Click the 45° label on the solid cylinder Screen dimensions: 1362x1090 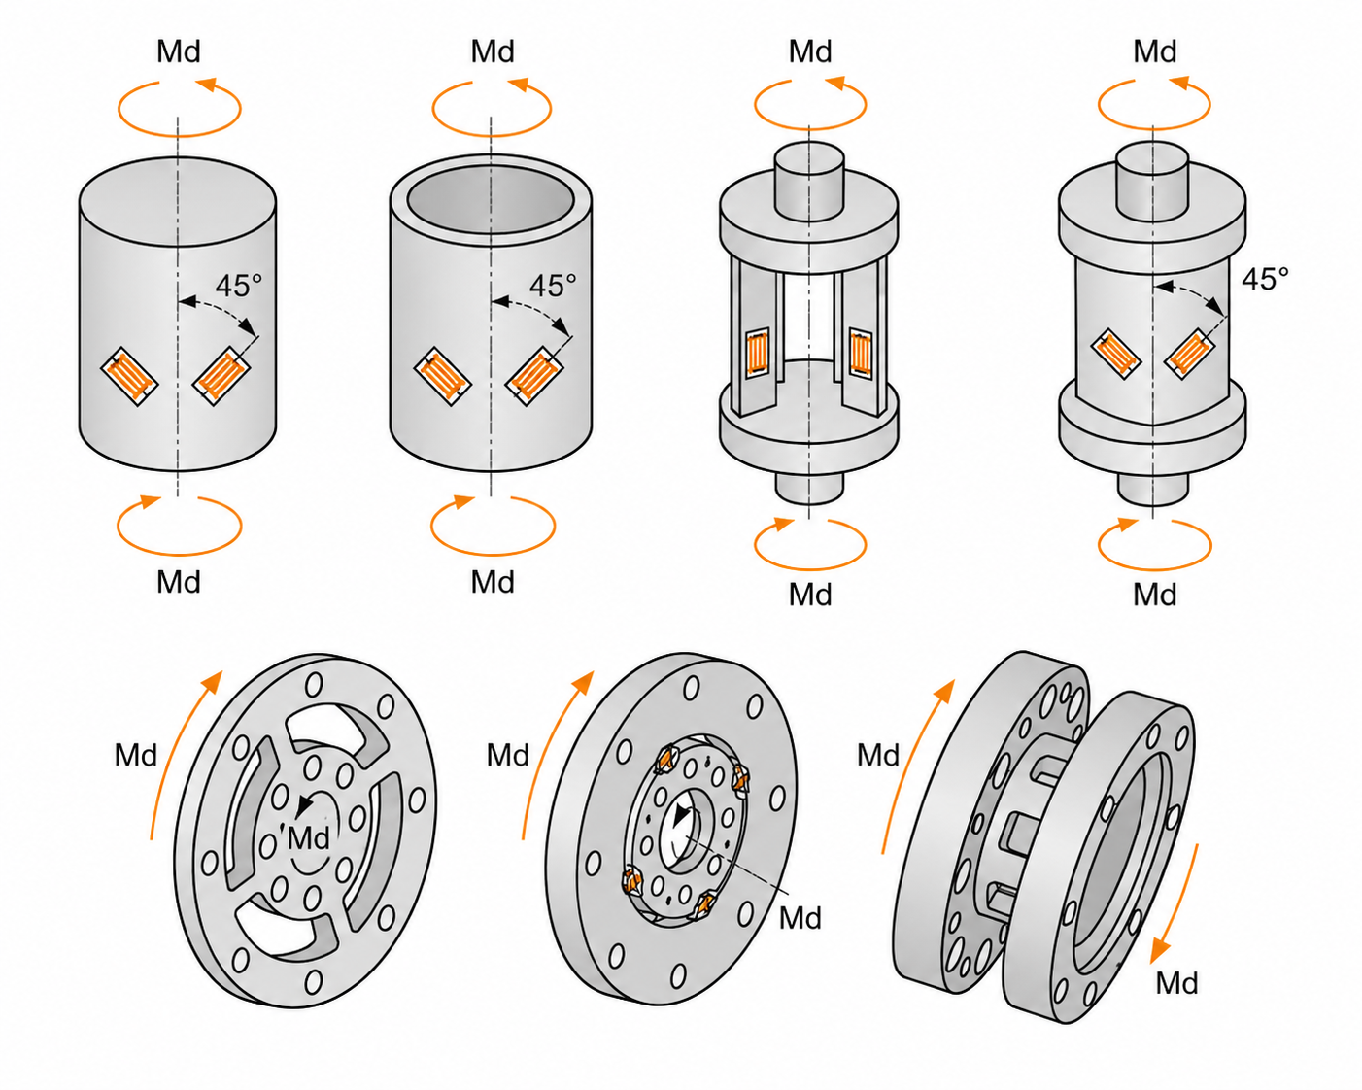pyautogui.click(x=239, y=286)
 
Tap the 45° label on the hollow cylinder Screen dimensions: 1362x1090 pyautogui.click(x=553, y=286)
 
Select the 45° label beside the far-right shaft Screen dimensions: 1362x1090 pyautogui.click(x=1265, y=279)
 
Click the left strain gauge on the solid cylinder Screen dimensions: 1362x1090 pyautogui.click(x=130, y=377)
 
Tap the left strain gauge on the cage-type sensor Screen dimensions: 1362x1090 pyautogui.click(x=758, y=354)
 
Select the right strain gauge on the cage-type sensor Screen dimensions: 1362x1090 pyautogui.click(x=860, y=354)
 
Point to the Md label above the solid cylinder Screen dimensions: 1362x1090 pyautogui.click(x=179, y=51)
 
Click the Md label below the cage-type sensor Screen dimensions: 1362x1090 pyautogui.click(x=810, y=595)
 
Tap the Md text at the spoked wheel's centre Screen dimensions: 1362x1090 pyautogui.click(x=308, y=838)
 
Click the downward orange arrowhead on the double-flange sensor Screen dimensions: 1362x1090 pyautogui.click(x=1160, y=951)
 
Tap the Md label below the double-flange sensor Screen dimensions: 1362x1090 pyautogui.click(x=1176, y=983)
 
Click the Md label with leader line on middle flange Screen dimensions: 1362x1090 pyautogui.click(x=800, y=917)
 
